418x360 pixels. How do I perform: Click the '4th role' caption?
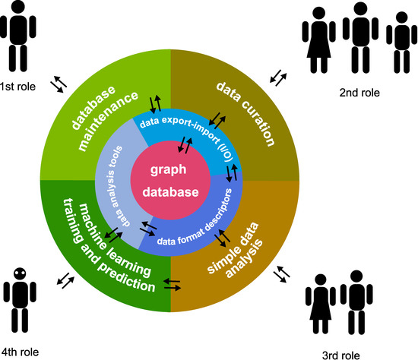point(19,352)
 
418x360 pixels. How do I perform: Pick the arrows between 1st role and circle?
point(59,84)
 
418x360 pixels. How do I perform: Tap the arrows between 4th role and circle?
point(65,280)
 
